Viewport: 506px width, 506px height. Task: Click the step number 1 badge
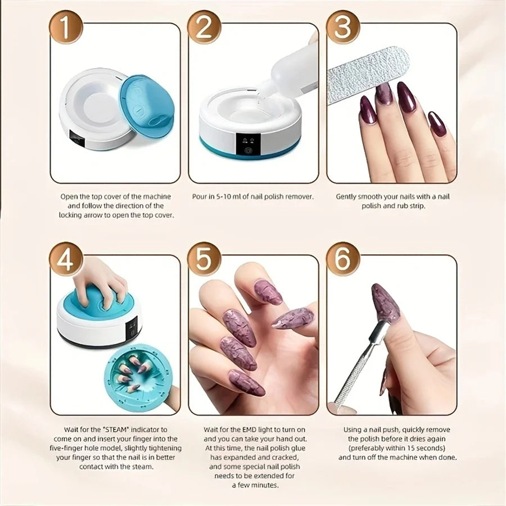tap(66, 28)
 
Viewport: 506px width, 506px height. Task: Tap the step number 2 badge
tap(204, 28)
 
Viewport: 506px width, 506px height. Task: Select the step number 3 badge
tap(343, 28)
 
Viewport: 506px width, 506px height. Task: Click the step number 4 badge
tap(66, 259)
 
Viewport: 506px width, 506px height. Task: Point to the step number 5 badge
tap(204, 259)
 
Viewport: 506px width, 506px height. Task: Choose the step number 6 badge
tap(343, 259)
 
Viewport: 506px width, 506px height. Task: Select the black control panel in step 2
tap(248, 144)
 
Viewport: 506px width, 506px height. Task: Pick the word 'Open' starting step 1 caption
tap(69, 197)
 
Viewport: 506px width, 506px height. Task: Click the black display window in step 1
tap(77, 139)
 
